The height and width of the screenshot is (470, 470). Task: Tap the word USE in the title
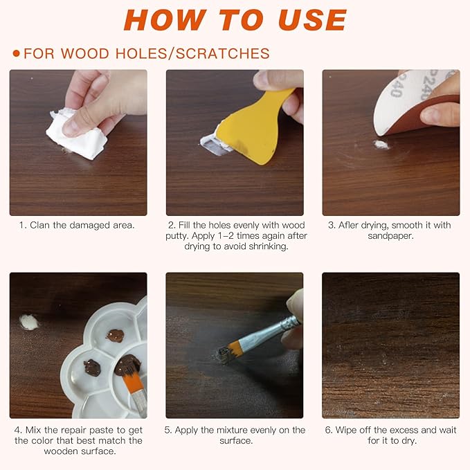[312, 20]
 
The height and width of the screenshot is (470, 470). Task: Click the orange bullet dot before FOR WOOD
[16, 54]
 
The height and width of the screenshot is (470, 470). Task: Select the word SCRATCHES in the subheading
[222, 54]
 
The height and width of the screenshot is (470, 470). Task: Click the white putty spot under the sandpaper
[381, 145]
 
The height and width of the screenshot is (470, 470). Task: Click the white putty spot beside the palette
[29, 322]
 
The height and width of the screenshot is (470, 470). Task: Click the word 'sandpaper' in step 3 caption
[390, 236]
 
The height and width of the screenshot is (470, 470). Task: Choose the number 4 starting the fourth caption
[17, 430]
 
